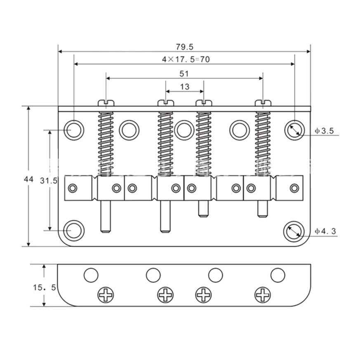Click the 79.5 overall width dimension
[x=185, y=47]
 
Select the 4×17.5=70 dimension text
[x=186, y=59]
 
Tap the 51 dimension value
[x=184, y=74]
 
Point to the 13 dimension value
[x=185, y=87]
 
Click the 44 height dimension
[x=28, y=179]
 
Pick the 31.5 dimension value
[x=48, y=181]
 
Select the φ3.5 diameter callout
[x=324, y=131]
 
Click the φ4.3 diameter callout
[x=325, y=231]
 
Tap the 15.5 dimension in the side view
[x=45, y=287]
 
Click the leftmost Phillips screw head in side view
[x=106, y=295]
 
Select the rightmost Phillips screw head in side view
[x=263, y=295]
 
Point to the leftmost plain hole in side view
[x=91, y=275]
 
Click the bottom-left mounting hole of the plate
[x=74, y=231]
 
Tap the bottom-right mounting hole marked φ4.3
[x=294, y=231]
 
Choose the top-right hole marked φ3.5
[x=294, y=130]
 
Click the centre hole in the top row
[x=184, y=130]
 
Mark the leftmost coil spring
[x=106, y=144]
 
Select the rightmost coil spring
[x=263, y=144]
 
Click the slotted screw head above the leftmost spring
[x=106, y=103]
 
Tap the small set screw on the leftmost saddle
[x=73, y=188]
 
